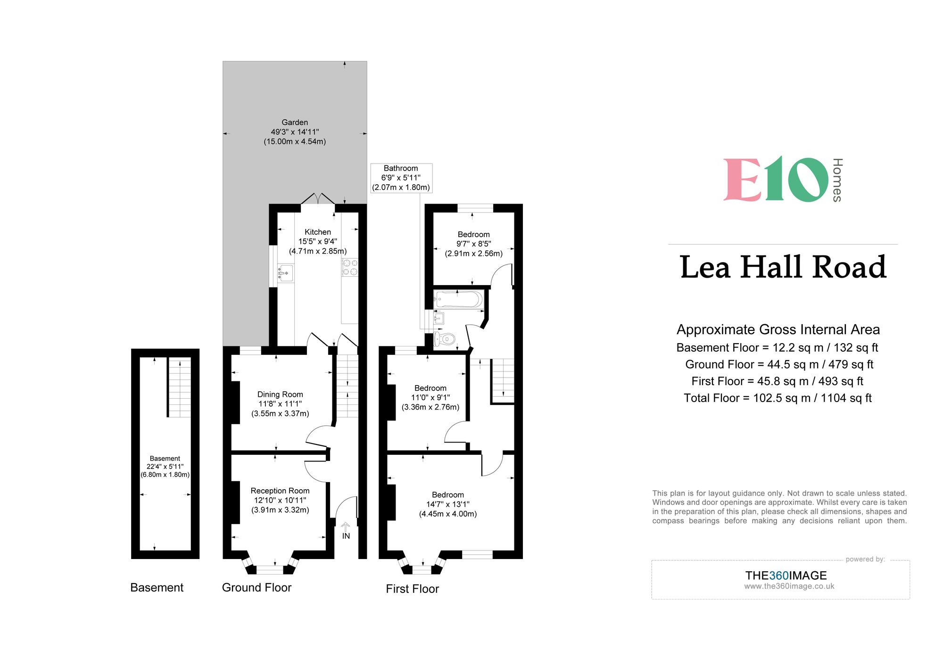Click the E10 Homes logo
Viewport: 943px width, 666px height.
[783, 180]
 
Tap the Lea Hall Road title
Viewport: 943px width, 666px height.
[783, 267]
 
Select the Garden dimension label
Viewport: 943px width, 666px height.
[295, 132]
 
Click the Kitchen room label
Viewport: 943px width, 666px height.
[318, 241]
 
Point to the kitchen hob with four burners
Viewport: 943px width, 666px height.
[350, 267]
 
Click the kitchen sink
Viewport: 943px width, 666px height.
[285, 273]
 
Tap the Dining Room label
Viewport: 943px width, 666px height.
[280, 404]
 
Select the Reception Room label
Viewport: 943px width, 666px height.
[280, 500]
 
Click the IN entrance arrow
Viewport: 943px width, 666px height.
[346, 530]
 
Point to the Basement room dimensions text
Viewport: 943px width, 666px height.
[165, 467]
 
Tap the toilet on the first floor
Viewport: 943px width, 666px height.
[445, 339]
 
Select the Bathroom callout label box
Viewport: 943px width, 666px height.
[401, 178]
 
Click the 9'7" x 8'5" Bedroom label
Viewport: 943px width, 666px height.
[473, 244]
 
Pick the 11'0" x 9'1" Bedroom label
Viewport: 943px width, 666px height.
[430, 397]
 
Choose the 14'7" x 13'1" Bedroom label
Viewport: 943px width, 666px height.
[448, 504]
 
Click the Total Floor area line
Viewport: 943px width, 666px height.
[778, 398]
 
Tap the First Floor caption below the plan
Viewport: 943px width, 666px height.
[412, 589]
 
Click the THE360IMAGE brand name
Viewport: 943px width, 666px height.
[786, 576]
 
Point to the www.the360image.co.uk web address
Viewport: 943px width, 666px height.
[789, 586]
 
